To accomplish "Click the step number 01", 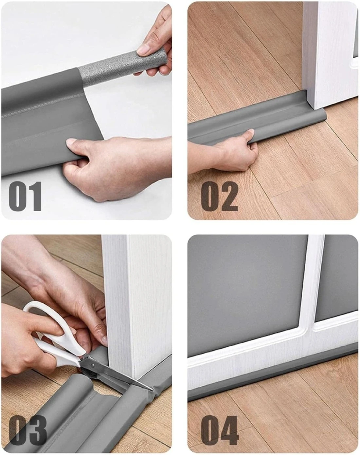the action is (25, 196).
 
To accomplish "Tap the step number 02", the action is (220, 196).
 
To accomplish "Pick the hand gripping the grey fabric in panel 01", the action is (118, 167).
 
